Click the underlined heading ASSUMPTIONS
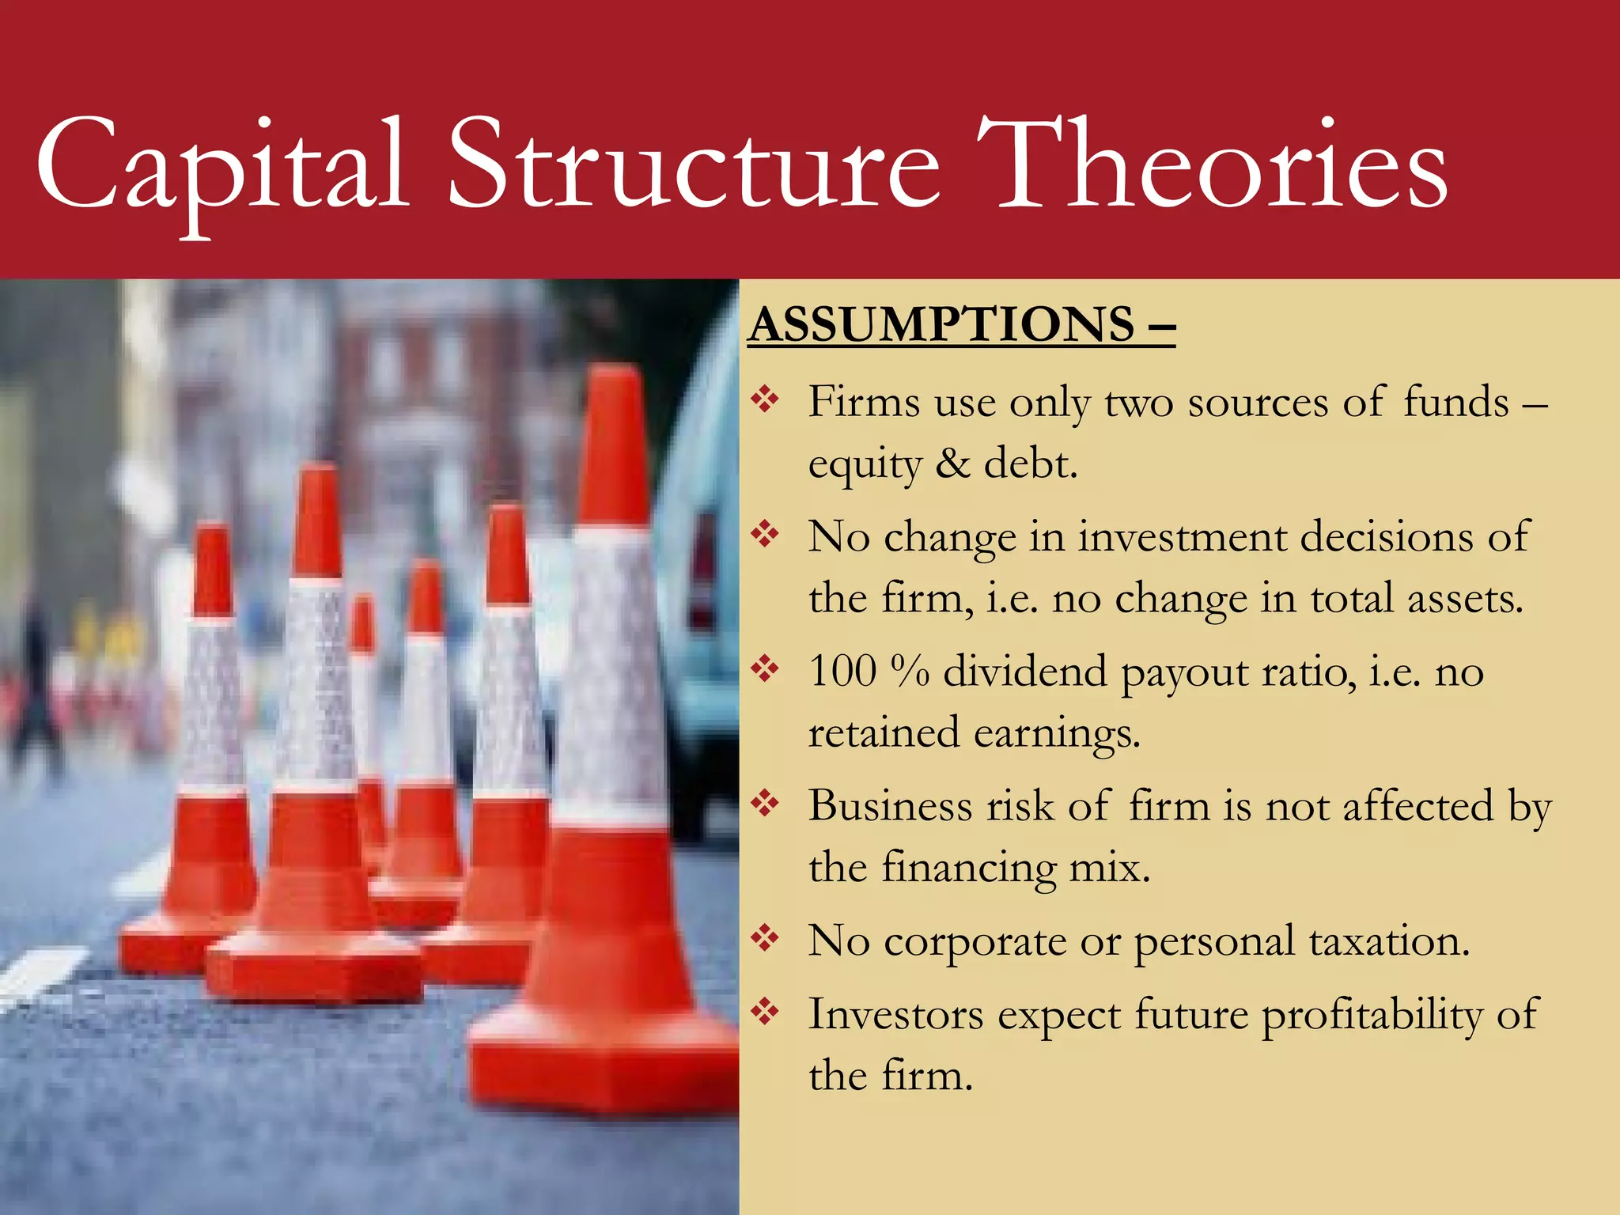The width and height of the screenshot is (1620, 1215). [942, 325]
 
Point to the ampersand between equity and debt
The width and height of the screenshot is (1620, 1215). [952, 464]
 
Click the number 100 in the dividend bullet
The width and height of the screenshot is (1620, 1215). [842, 672]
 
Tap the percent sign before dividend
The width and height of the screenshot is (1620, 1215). [909, 672]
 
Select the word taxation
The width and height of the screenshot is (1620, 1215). [1389, 941]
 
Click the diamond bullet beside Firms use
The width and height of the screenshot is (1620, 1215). [766, 399]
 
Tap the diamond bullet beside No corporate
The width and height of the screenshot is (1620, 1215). [766, 939]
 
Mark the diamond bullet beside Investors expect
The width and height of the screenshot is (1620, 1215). [766, 1012]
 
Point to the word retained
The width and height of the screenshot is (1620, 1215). [884, 733]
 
